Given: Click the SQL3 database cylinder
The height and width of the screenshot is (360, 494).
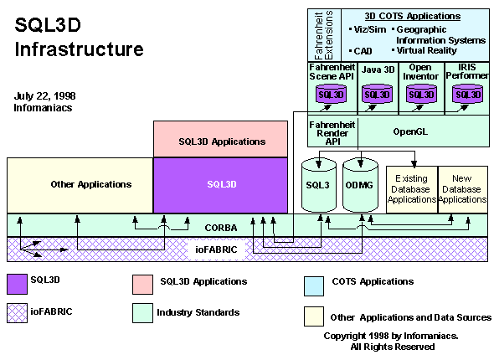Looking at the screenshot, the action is tap(318, 185).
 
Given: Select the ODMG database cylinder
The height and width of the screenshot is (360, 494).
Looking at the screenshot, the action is tap(360, 185).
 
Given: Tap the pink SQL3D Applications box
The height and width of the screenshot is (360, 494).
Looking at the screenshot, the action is tap(220, 139).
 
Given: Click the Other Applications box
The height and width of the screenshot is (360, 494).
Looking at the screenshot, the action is tap(80, 185).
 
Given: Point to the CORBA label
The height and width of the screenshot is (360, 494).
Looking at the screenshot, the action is tap(221, 228).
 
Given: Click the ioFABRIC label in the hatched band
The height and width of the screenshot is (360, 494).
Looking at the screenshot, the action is tap(216, 249).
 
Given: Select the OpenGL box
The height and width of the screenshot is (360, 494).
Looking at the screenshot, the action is tap(424, 131).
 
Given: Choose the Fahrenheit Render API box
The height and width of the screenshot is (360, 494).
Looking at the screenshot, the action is tap(332, 131).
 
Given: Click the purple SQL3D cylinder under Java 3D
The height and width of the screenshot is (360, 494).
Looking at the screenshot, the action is tap(377, 94).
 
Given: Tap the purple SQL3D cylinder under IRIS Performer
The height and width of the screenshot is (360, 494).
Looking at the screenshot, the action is tap(467, 94).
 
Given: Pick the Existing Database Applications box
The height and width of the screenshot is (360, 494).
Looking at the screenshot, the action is tap(412, 189).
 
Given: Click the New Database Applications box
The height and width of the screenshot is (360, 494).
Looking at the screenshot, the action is tap(463, 189).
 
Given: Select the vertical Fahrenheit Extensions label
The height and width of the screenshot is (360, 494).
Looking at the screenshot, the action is tap(324, 35).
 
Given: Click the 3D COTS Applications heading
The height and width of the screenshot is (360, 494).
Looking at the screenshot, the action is tap(413, 16).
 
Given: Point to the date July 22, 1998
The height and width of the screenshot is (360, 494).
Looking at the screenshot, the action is tap(44, 95).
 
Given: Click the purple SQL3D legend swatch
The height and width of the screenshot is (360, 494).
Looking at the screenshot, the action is tap(17, 285).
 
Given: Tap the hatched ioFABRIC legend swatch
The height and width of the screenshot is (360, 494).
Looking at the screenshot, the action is tap(17, 313).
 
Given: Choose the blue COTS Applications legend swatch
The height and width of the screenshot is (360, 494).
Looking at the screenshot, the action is tap(314, 286).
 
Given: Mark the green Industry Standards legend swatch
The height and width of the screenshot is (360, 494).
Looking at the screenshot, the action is tap(142, 313).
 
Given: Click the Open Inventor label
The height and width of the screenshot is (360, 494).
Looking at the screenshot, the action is tap(420, 72).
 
